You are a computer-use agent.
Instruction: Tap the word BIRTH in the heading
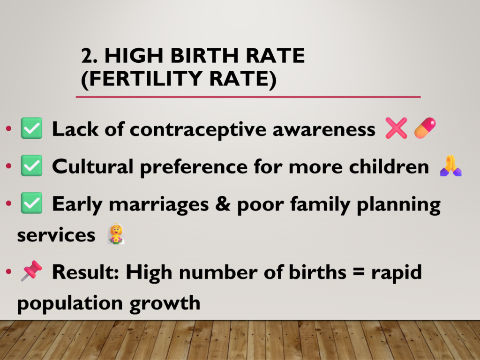tap(204, 56)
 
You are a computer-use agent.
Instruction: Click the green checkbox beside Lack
tap(31, 128)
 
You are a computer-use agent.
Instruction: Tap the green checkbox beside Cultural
tap(31, 165)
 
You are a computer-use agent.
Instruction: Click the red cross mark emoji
tap(396, 128)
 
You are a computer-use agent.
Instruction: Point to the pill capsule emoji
tap(425, 128)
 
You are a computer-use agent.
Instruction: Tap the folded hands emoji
tap(450, 165)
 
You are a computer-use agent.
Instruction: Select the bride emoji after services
tap(116, 234)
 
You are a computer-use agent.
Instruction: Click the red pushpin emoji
tap(31, 270)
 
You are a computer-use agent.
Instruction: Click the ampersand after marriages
tap(223, 204)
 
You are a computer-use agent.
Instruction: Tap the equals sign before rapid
tap(359, 272)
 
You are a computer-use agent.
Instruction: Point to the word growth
tap(165, 304)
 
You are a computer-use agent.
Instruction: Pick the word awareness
tap(324, 130)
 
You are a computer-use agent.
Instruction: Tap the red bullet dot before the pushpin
tap(8, 271)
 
